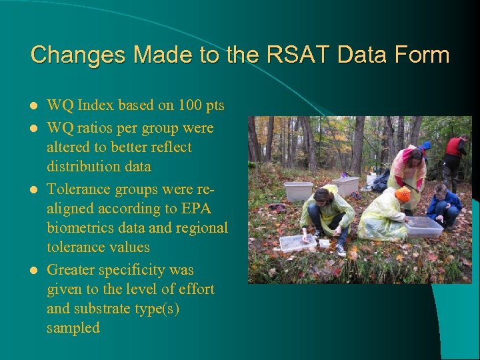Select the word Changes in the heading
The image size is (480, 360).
pyautogui.click(x=72, y=55)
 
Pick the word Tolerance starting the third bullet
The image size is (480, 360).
pyautogui.click(x=79, y=189)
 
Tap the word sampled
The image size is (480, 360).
pyautogui.click(x=73, y=328)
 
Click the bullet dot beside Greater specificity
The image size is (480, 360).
pyautogui.click(x=34, y=270)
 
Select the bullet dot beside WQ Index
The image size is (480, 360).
pyautogui.click(x=34, y=106)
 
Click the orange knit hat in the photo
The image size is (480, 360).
pyautogui.click(x=403, y=194)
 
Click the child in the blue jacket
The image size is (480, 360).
pyautogui.click(x=443, y=204)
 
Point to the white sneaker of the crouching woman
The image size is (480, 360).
pyautogui.click(x=341, y=249)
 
